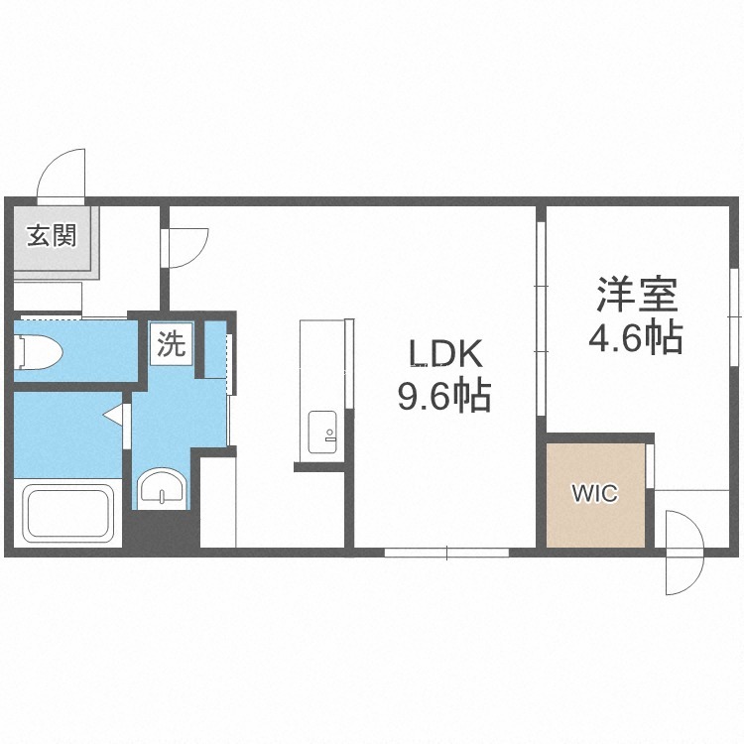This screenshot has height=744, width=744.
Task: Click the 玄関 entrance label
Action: pyautogui.click(x=52, y=235)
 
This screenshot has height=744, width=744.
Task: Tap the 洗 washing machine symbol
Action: pyautogui.click(x=172, y=343)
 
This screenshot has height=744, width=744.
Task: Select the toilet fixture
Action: pyautogui.click(x=39, y=351)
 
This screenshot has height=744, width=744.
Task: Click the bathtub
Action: pyautogui.click(x=68, y=514)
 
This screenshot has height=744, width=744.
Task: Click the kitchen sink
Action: pyautogui.click(x=322, y=432)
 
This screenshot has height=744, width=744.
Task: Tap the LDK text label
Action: pyautogui.click(x=445, y=354)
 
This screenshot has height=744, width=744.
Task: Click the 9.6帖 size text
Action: pyautogui.click(x=443, y=395)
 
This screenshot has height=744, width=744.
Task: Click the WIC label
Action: pyautogui.click(x=595, y=493)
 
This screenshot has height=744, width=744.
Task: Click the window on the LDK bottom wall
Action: pyautogui.click(x=446, y=553)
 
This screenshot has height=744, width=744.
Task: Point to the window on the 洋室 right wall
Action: pyautogui.click(x=735, y=317)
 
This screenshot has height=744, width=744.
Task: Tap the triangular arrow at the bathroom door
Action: pyautogui.click(x=113, y=415)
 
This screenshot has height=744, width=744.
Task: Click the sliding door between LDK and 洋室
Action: pyautogui.click(x=541, y=318)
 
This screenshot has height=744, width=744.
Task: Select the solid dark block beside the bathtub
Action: pyautogui.click(x=161, y=528)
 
